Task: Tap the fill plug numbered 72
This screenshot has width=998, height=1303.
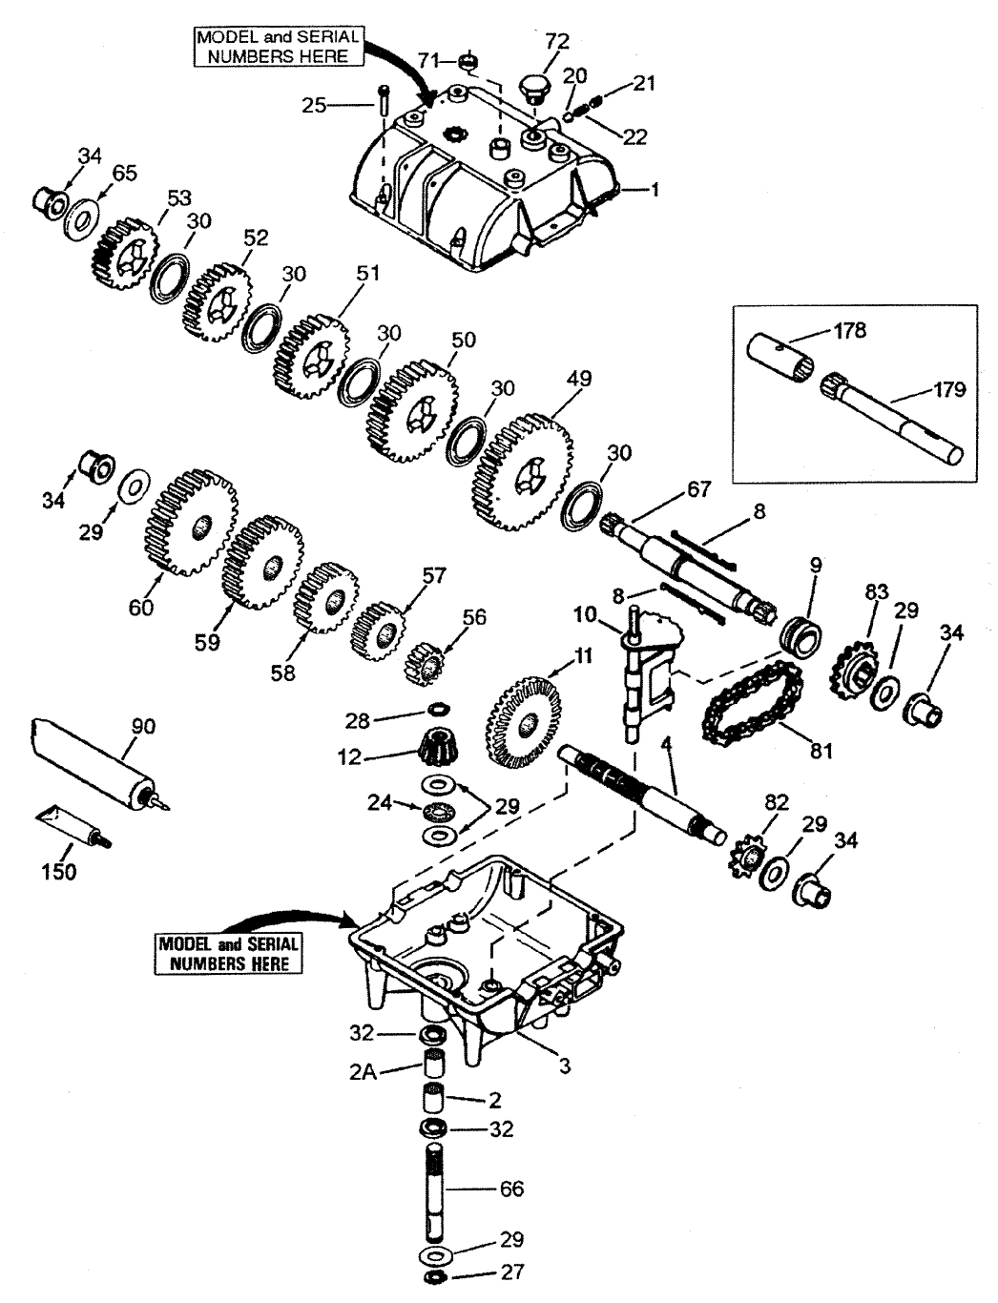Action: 535,90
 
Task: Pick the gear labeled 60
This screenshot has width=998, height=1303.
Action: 192,523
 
